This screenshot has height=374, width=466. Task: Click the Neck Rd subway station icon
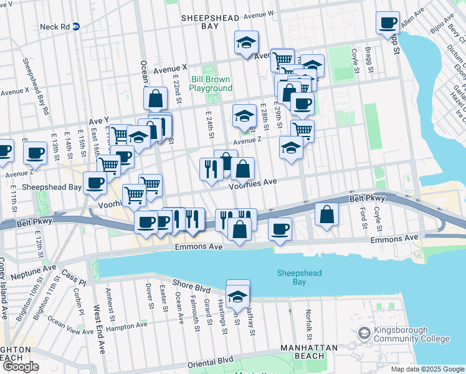pyautogui.click(x=76, y=26)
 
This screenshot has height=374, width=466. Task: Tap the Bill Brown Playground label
pyautogui.click(x=211, y=84)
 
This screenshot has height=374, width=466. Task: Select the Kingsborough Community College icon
pyautogui.click(x=363, y=334)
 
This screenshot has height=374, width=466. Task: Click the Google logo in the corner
pyautogui.click(x=21, y=367)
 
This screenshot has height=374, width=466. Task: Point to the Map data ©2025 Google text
pyautogui.click(x=427, y=369)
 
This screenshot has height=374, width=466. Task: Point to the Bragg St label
pyautogui.click(x=370, y=60)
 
